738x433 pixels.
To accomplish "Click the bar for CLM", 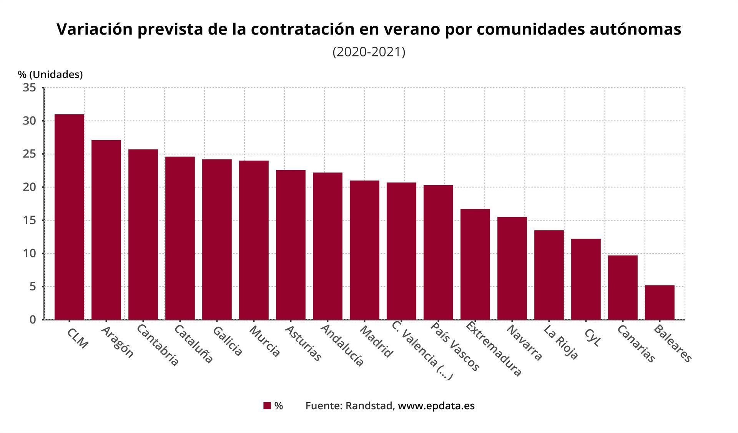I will [x=69, y=217].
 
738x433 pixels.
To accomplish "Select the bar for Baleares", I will [x=660, y=302].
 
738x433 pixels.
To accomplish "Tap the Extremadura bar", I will [x=475, y=264].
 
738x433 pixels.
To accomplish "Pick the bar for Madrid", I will [x=364, y=250].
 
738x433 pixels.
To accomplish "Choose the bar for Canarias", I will [x=623, y=287].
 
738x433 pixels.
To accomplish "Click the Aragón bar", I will [x=106, y=230].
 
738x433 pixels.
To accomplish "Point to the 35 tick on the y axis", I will [x=30, y=88].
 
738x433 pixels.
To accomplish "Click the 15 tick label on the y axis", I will [x=30, y=221].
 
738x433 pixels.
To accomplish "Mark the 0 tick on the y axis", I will [x=33, y=320].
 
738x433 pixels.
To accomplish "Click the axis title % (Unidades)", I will [x=50, y=75].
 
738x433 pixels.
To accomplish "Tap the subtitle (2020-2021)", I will [x=369, y=52].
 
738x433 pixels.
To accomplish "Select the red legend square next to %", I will [x=267, y=406].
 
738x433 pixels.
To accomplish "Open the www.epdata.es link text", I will [x=436, y=406].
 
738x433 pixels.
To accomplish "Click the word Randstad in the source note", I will [x=369, y=406].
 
